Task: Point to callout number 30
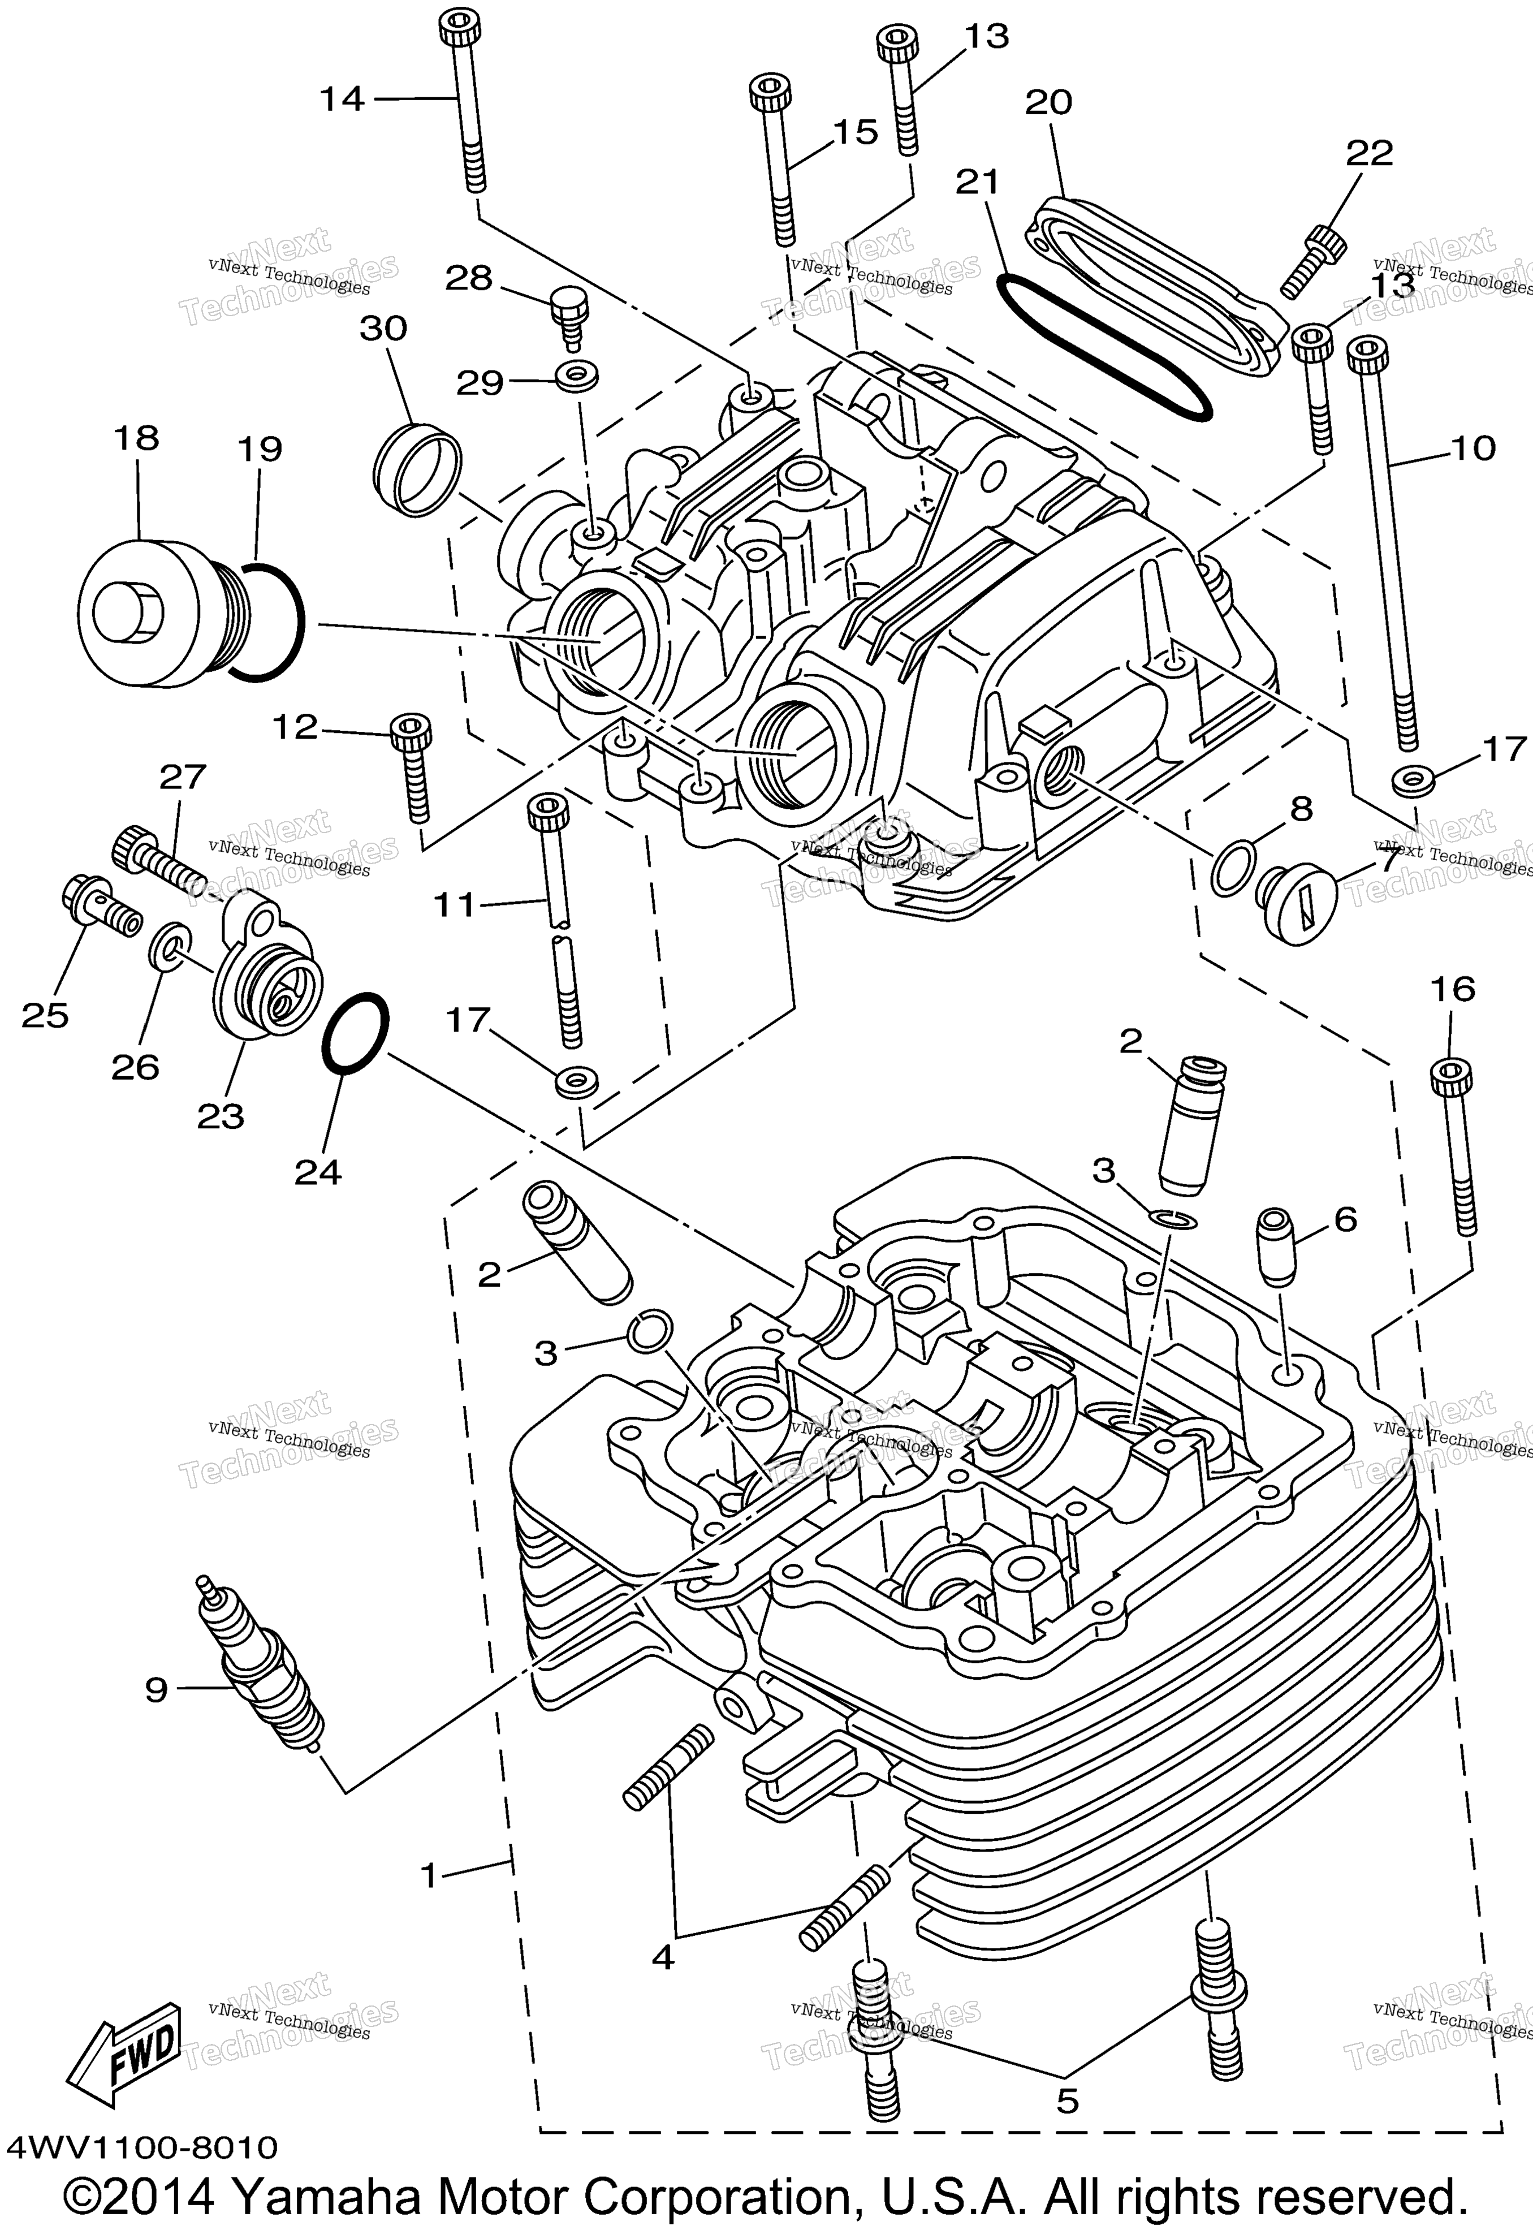coord(383,329)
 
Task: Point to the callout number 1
coord(429,1875)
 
